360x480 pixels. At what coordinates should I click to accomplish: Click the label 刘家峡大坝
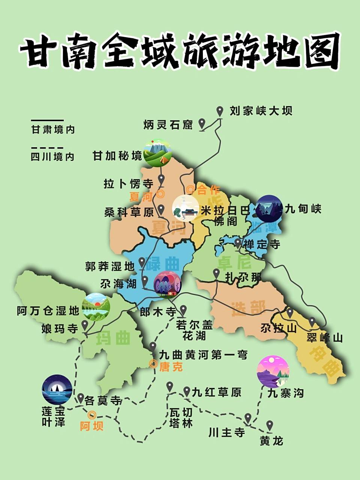click(261, 111)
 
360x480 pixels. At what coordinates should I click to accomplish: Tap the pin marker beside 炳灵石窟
click(202, 123)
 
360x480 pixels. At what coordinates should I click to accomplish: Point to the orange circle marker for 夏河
click(161, 194)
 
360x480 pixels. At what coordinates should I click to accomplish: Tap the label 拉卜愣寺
click(128, 184)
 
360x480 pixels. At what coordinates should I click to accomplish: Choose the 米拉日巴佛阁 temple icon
click(186, 207)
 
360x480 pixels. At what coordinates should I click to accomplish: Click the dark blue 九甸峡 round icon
click(268, 208)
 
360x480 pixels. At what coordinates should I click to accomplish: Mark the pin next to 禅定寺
click(238, 243)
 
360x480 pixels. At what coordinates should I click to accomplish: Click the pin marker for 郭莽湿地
click(142, 261)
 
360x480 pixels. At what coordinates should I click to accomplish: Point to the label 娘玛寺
click(60, 329)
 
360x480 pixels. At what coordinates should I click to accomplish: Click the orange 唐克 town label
click(171, 367)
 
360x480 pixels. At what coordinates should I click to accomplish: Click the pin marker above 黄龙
click(269, 425)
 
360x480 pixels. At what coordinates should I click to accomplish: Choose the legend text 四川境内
click(52, 157)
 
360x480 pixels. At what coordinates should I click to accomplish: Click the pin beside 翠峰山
click(312, 322)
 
